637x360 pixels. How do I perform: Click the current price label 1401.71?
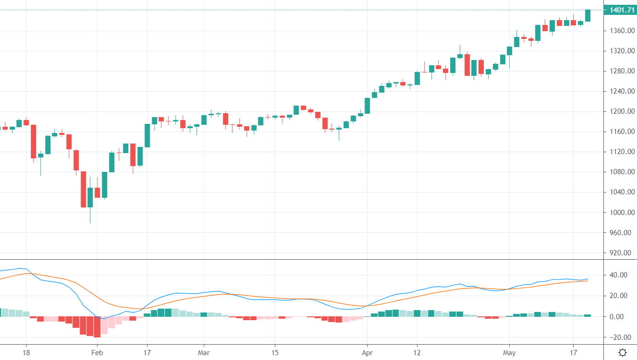pyautogui.click(x=622, y=10)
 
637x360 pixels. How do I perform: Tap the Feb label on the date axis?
pyautogui.click(x=97, y=352)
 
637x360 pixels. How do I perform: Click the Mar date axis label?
pyautogui.click(x=204, y=352)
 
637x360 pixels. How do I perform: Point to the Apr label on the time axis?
pyautogui.click(x=367, y=352)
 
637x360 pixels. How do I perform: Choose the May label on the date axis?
pyautogui.click(x=509, y=352)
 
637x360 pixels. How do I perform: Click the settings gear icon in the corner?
pyautogui.click(x=623, y=353)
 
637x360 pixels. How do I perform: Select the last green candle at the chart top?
pyautogui.click(x=588, y=15)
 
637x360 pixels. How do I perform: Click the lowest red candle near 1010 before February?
pyautogui.click(x=83, y=189)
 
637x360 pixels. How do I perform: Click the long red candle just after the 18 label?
pyautogui.click(x=34, y=141)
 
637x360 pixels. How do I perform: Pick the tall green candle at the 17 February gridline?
pyautogui.click(x=147, y=135)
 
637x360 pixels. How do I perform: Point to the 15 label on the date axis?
pyautogui.click(x=275, y=352)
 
